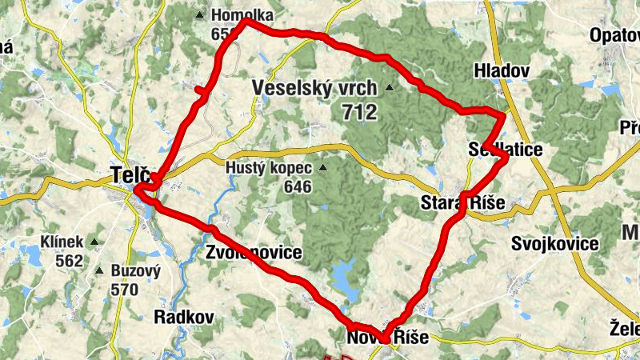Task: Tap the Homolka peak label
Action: tap(242, 15)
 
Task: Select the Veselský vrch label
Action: tap(314, 87)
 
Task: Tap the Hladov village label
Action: tap(502, 70)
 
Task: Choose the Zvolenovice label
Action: tap(254, 253)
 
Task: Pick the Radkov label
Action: tap(184, 317)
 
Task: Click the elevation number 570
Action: tap(125, 290)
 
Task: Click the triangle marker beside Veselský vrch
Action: tap(390, 87)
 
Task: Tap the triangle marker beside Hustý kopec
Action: tap(323, 168)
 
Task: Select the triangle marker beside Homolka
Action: tap(199, 15)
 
